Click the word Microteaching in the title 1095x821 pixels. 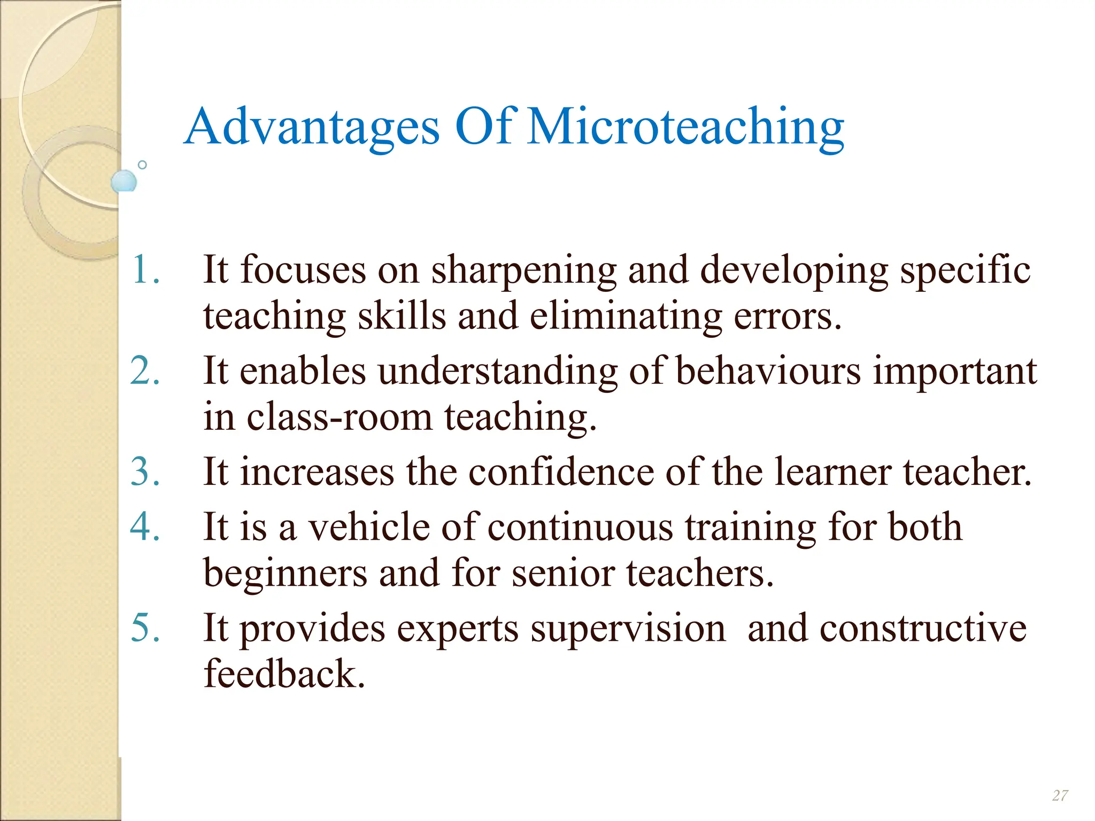685,127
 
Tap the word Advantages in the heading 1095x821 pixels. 311,127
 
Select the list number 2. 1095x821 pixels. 144,370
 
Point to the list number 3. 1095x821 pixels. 144,472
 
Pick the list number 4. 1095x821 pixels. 144,527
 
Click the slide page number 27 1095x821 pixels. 1060,795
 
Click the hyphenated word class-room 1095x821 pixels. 339,417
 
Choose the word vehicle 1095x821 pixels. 369,527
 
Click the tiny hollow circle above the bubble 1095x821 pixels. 142,165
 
